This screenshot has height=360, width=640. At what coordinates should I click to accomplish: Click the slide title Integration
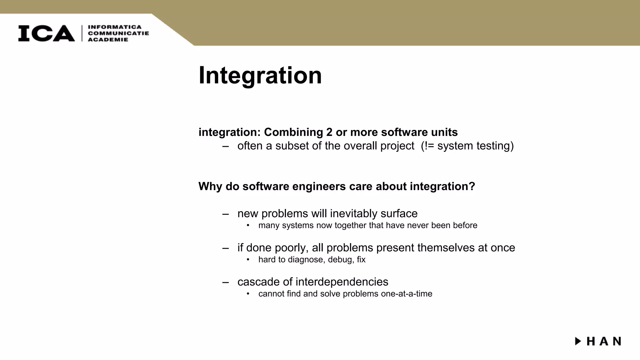[260, 75]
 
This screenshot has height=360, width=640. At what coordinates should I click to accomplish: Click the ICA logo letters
[46, 33]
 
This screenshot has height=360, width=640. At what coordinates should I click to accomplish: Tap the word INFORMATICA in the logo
[115, 27]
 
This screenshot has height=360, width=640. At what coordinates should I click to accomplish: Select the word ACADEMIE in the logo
[108, 40]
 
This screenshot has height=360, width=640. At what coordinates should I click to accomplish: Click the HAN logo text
[604, 341]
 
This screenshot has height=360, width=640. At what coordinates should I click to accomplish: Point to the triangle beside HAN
[578, 341]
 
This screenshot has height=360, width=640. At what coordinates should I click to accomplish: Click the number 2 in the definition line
[329, 132]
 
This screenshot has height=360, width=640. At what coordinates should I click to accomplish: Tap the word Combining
[293, 132]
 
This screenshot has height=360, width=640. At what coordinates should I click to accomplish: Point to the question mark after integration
[472, 186]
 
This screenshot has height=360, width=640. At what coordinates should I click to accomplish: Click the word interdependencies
[342, 282]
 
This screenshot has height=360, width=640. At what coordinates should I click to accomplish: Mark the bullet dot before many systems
[248, 225]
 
